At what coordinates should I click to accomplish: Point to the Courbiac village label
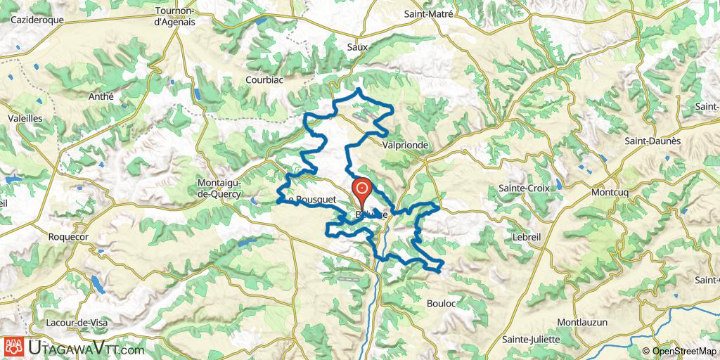pyautogui.click(x=264, y=80)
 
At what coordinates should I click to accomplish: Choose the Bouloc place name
pyautogui.click(x=442, y=304)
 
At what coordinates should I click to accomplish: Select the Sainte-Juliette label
pyautogui.click(x=531, y=339)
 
